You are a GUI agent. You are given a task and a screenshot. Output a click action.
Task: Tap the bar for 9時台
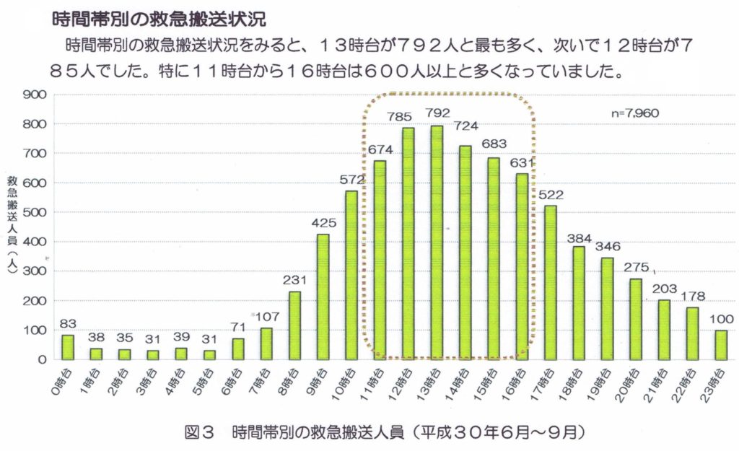(x=323, y=297)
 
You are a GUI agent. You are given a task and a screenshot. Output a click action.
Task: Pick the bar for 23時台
(x=721, y=344)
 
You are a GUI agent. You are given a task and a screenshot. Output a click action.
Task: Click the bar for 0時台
(x=68, y=347)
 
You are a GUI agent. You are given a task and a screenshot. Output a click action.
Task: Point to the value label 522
(x=551, y=194)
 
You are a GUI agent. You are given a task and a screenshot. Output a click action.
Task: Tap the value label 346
(x=608, y=247)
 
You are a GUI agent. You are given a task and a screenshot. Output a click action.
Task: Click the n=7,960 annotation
(x=634, y=113)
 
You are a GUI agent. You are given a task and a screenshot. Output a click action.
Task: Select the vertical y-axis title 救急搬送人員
(x=14, y=221)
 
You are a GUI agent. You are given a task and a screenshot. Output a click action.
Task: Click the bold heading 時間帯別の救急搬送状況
(x=159, y=15)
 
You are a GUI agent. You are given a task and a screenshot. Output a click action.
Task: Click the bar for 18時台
(x=579, y=303)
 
